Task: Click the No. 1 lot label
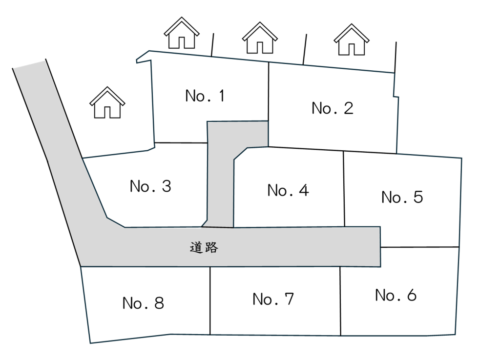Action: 205,96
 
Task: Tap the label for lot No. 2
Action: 332,108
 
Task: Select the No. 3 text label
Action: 150,186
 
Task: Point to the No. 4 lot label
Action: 288,190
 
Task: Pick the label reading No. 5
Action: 402,197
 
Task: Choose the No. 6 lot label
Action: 396,295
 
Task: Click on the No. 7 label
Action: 273,299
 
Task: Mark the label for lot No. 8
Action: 143,303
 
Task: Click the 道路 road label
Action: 204,248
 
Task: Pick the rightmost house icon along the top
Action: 351,40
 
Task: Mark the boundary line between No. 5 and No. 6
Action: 420,247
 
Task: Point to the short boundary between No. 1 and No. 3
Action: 181,143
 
